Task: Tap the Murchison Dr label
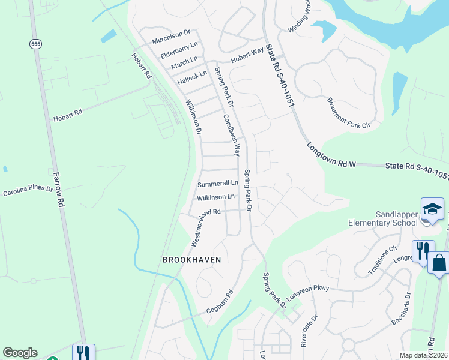click(170, 37)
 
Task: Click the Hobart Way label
click(248, 55)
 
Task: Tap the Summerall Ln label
click(218, 183)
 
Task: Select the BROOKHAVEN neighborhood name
click(192, 260)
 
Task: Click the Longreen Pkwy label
click(308, 289)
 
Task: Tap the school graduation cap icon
click(432, 209)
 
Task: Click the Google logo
click(20, 353)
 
